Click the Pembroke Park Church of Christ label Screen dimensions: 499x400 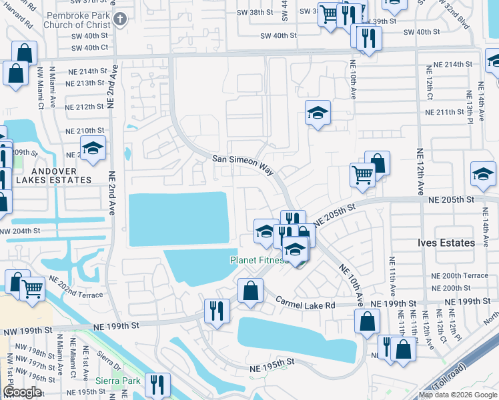tap(73, 19)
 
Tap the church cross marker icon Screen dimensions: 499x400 tap(120, 19)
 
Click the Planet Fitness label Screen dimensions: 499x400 tap(260, 260)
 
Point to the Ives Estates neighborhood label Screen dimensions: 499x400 tap(446, 243)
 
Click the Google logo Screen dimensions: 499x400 tap(23, 392)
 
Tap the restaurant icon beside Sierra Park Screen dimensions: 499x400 tap(158, 385)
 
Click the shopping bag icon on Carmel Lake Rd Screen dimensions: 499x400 tap(250, 291)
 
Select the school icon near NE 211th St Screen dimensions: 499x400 tap(318, 113)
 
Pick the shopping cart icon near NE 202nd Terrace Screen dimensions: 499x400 tap(33, 289)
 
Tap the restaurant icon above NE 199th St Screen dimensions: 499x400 tap(217, 311)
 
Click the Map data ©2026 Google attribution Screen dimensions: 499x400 tap(458, 395)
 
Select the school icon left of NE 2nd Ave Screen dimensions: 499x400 tap(93, 149)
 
